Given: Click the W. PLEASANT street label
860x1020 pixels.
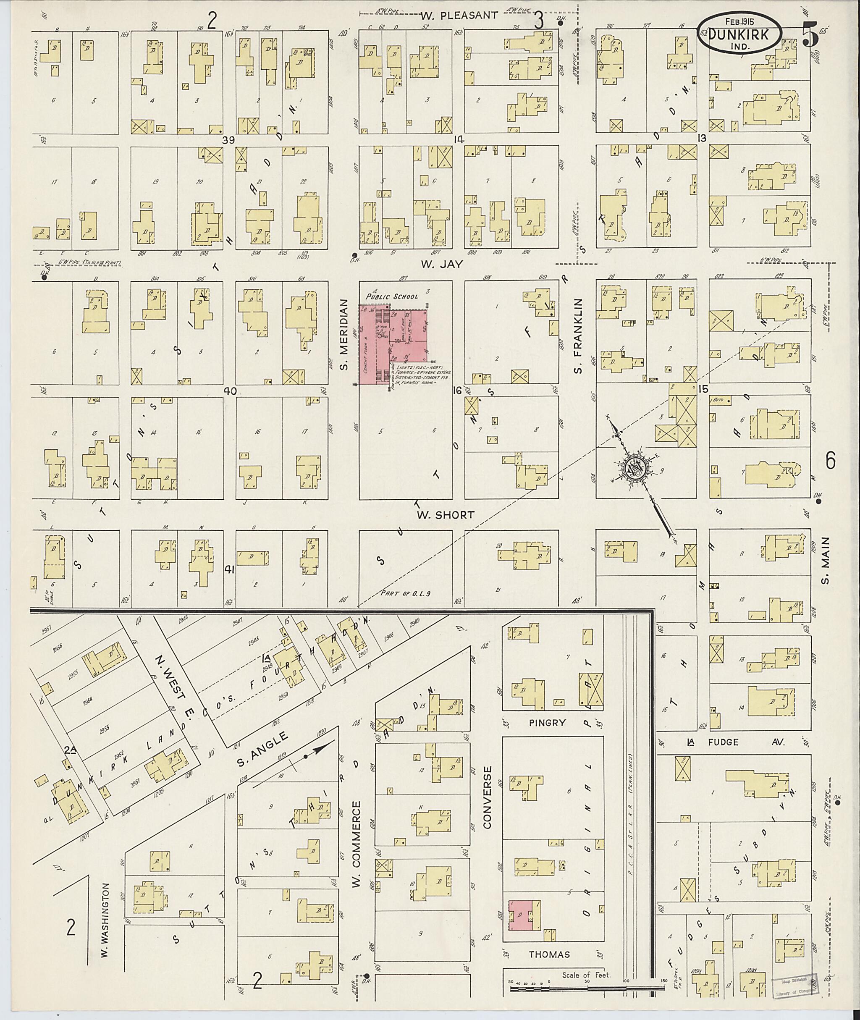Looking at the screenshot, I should click(x=459, y=16).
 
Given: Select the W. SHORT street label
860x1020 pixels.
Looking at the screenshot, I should click(x=445, y=515).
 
